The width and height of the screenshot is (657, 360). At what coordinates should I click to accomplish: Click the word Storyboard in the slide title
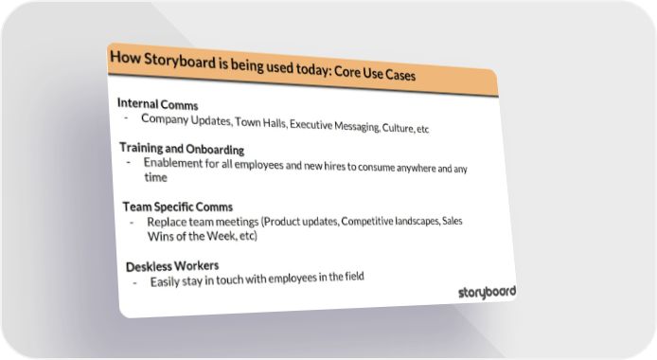(x=180, y=61)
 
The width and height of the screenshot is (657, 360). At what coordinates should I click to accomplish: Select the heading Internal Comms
(x=157, y=103)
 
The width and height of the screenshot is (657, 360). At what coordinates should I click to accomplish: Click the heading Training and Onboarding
(x=182, y=149)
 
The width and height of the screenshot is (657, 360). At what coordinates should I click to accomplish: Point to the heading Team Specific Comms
(x=178, y=207)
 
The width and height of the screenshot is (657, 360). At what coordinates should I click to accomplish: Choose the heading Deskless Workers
(x=172, y=266)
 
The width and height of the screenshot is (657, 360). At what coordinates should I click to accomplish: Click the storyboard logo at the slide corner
(x=487, y=292)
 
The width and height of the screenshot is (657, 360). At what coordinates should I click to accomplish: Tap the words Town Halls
(x=260, y=123)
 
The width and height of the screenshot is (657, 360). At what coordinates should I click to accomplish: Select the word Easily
(x=165, y=282)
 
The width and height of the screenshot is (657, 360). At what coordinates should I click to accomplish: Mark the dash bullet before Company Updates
(x=126, y=117)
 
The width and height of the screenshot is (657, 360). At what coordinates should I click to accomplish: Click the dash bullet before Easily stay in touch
(x=135, y=283)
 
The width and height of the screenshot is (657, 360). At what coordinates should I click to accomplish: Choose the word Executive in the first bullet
(x=311, y=125)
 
